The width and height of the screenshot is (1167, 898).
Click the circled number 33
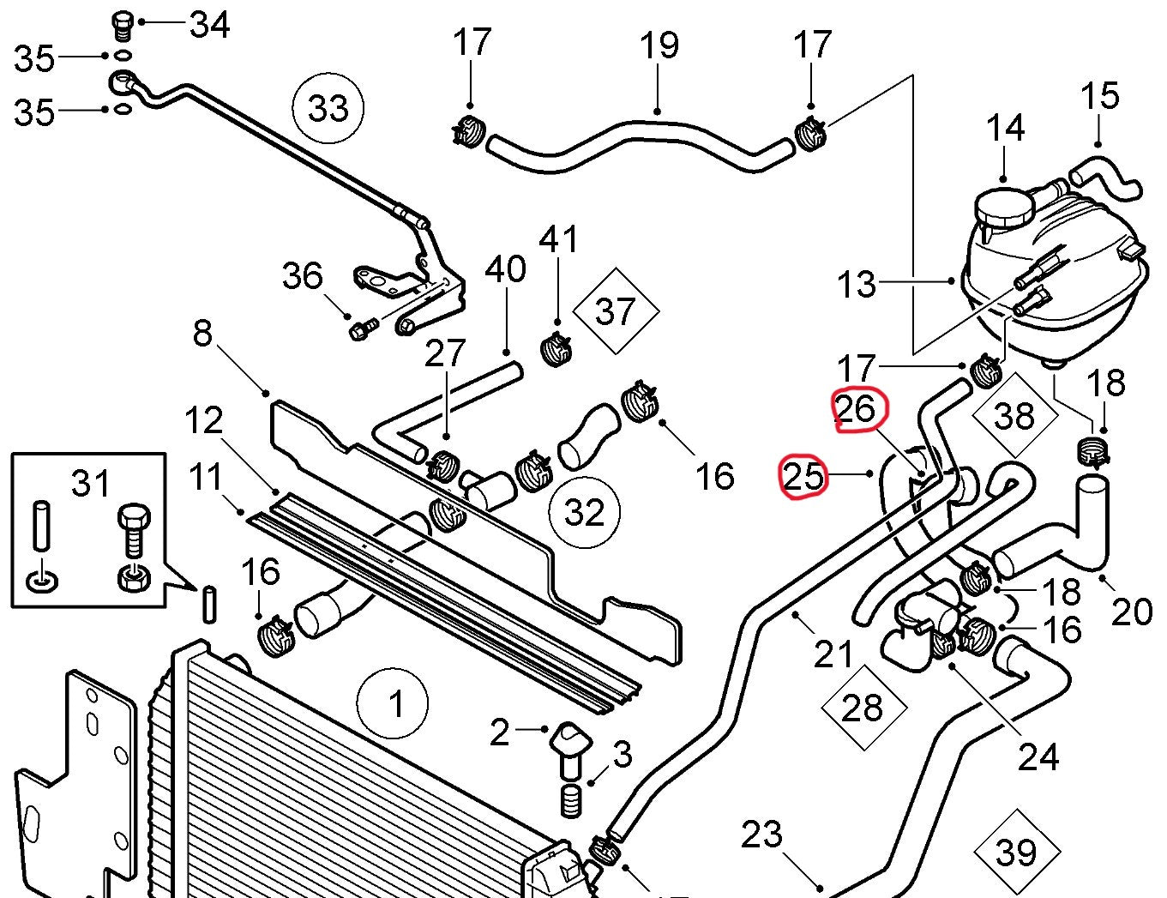tap(328, 108)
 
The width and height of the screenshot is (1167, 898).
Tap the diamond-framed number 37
tap(616, 311)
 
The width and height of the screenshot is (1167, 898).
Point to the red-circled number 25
tap(803, 476)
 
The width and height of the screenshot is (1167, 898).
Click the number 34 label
tap(209, 25)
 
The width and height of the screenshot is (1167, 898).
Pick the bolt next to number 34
tap(122, 26)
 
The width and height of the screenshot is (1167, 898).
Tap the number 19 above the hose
tap(659, 45)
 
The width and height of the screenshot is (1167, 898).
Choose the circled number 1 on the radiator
tap(393, 703)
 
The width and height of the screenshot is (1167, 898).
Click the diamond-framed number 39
tap(1017, 853)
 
